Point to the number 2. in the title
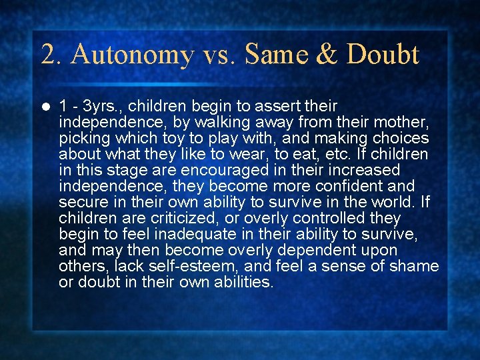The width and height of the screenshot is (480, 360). tap(52, 55)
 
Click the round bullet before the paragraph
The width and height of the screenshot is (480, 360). tap(45, 107)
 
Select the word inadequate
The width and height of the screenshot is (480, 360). tap(191, 234)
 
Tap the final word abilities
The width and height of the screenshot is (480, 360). tap(241, 282)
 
